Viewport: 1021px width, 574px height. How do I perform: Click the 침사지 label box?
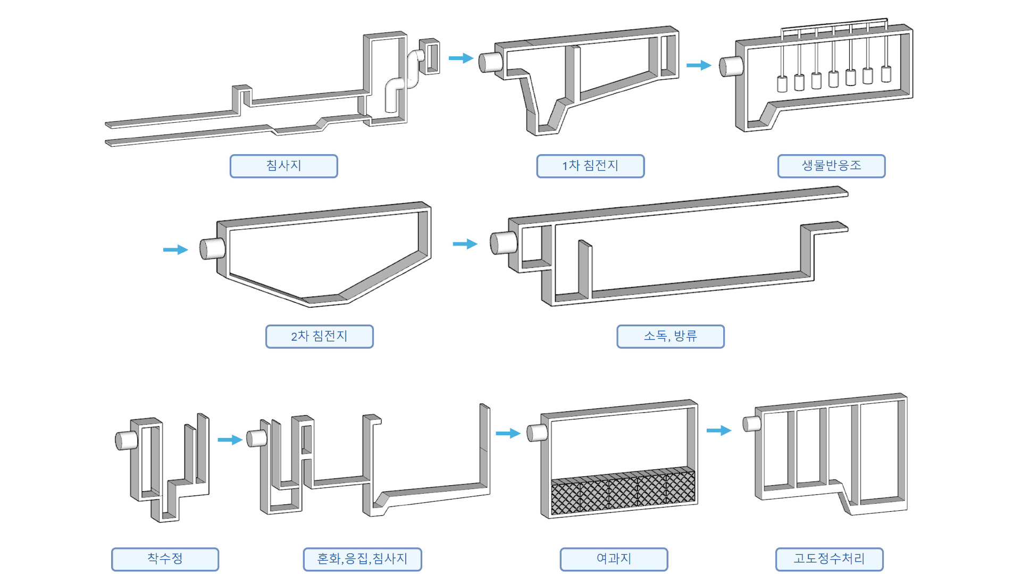pyautogui.click(x=283, y=166)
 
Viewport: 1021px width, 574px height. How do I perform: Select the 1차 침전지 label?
pyautogui.click(x=590, y=166)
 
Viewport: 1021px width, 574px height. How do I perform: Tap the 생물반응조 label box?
pyautogui.click(x=831, y=166)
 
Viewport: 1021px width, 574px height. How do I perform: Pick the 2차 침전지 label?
pyautogui.click(x=319, y=336)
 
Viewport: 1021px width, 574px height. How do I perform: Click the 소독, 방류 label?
pyautogui.click(x=670, y=336)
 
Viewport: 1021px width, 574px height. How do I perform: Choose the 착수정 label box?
pyautogui.click(x=165, y=559)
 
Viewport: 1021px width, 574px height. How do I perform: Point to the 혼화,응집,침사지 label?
pyautogui.click(x=362, y=559)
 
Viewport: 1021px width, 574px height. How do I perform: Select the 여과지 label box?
pyautogui.click(x=614, y=559)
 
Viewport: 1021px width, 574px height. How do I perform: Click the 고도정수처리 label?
pyautogui.click(x=829, y=559)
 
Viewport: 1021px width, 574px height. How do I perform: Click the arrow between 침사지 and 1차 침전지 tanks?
pyautogui.click(x=461, y=58)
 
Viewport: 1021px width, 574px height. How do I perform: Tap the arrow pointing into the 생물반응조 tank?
pyautogui.click(x=698, y=65)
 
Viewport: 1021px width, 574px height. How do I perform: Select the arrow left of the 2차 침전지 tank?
pyautogui.click(x=175, y=250)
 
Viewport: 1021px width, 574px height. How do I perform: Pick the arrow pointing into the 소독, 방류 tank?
pyautogui.click(x=465, y=244)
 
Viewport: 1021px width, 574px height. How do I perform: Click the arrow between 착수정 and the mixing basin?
pyautogui.click(x=230, y=440)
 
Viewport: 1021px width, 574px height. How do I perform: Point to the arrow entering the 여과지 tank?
pyautogui.click(x=507, y=433)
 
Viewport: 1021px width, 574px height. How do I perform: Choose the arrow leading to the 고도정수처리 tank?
pyautogui.click(x=718, y=430)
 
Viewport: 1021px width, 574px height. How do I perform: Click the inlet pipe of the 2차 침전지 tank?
pyautogui.click(x=212, y=248)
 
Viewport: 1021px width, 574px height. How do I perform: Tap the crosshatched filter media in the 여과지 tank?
pyautogui.click(x=622, y=492)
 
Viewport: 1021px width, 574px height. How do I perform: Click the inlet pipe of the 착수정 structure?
pyautogui.click(x=127, y=440)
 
